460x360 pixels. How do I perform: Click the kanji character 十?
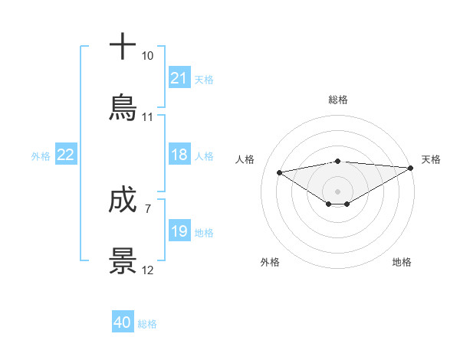tap(123, 47)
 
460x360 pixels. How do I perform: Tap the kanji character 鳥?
tap(123, 107)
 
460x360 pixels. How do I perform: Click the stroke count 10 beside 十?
tap(147, 56)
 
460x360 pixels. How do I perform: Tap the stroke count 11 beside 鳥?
tap(147, 117)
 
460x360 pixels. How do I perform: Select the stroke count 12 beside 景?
tap(147, 270)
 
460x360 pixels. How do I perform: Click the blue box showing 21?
tap(179, 78)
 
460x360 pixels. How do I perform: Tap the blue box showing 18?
tap(179, 155)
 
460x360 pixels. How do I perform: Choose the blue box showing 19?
tap(179, 231)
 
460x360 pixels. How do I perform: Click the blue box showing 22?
tap(66, 155)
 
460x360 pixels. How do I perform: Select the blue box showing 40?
tap(123, 322)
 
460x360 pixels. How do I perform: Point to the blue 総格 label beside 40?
tap(147, 324)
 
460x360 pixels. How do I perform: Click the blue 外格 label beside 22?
tap(41, 156)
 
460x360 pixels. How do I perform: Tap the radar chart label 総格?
tap(338, 100)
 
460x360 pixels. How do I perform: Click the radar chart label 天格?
tap(431, 159)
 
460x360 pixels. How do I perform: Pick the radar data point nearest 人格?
tap(279, 172)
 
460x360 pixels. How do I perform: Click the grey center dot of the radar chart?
tap(338, 191)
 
